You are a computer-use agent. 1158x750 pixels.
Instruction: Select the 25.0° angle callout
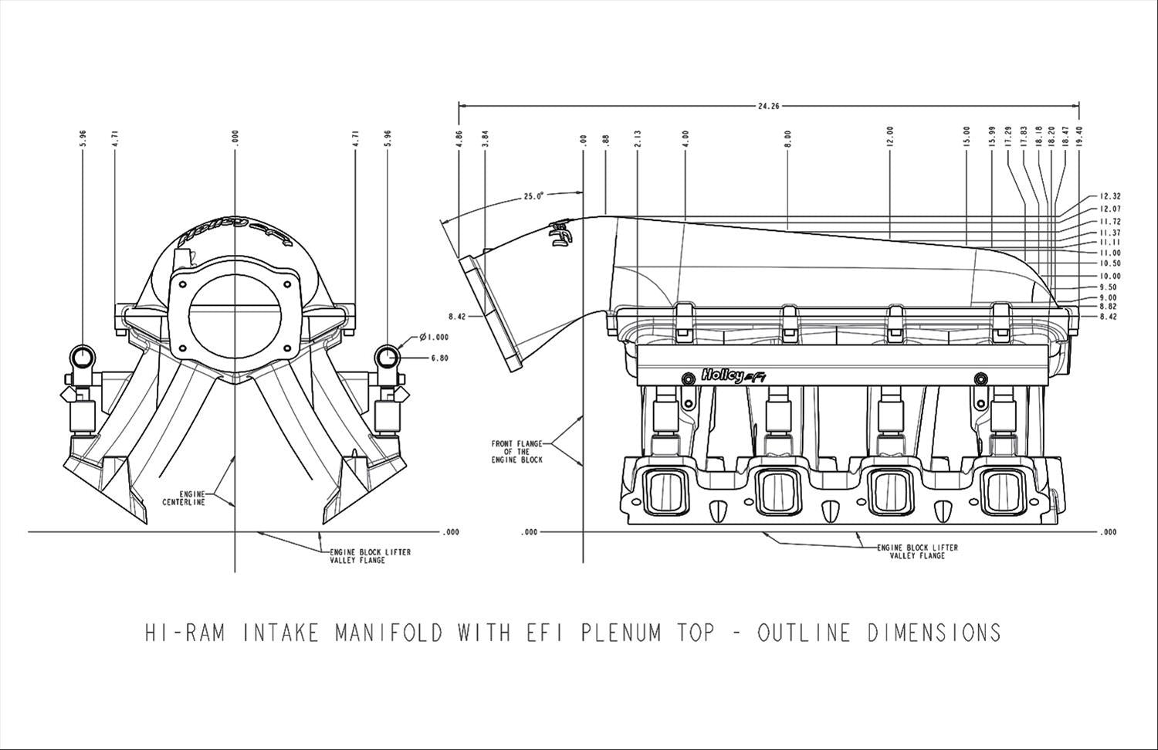tap(533, 196)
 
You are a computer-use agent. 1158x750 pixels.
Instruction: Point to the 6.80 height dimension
tap(439, 358)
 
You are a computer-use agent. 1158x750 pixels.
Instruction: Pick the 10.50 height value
tap(1109, 263)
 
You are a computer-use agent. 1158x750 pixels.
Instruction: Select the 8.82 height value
tap(1108, 307)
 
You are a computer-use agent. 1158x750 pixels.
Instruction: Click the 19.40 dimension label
tap(1079, 137)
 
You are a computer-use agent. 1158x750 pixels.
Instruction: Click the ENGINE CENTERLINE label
tap(184, 498)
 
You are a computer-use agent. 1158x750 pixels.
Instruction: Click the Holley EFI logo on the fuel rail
tap(733, 376)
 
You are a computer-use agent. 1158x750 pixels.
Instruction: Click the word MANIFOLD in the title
tap(389, 633)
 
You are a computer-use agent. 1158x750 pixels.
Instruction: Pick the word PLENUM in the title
tap(620, 633)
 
